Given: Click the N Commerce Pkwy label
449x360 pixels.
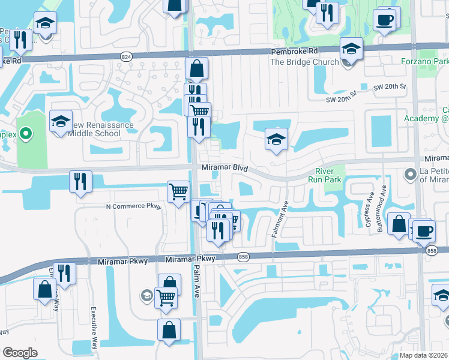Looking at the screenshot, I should point(134,206).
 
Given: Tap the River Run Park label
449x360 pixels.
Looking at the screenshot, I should point(328,175).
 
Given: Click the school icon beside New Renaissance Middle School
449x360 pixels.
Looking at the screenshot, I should point(61,122).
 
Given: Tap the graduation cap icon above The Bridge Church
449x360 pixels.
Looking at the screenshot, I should point(351,49).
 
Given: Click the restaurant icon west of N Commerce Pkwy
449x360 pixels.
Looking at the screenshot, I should point(80,181).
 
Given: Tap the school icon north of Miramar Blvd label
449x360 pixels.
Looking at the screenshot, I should point(276,140).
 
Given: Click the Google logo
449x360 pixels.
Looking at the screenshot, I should point(20,353).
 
